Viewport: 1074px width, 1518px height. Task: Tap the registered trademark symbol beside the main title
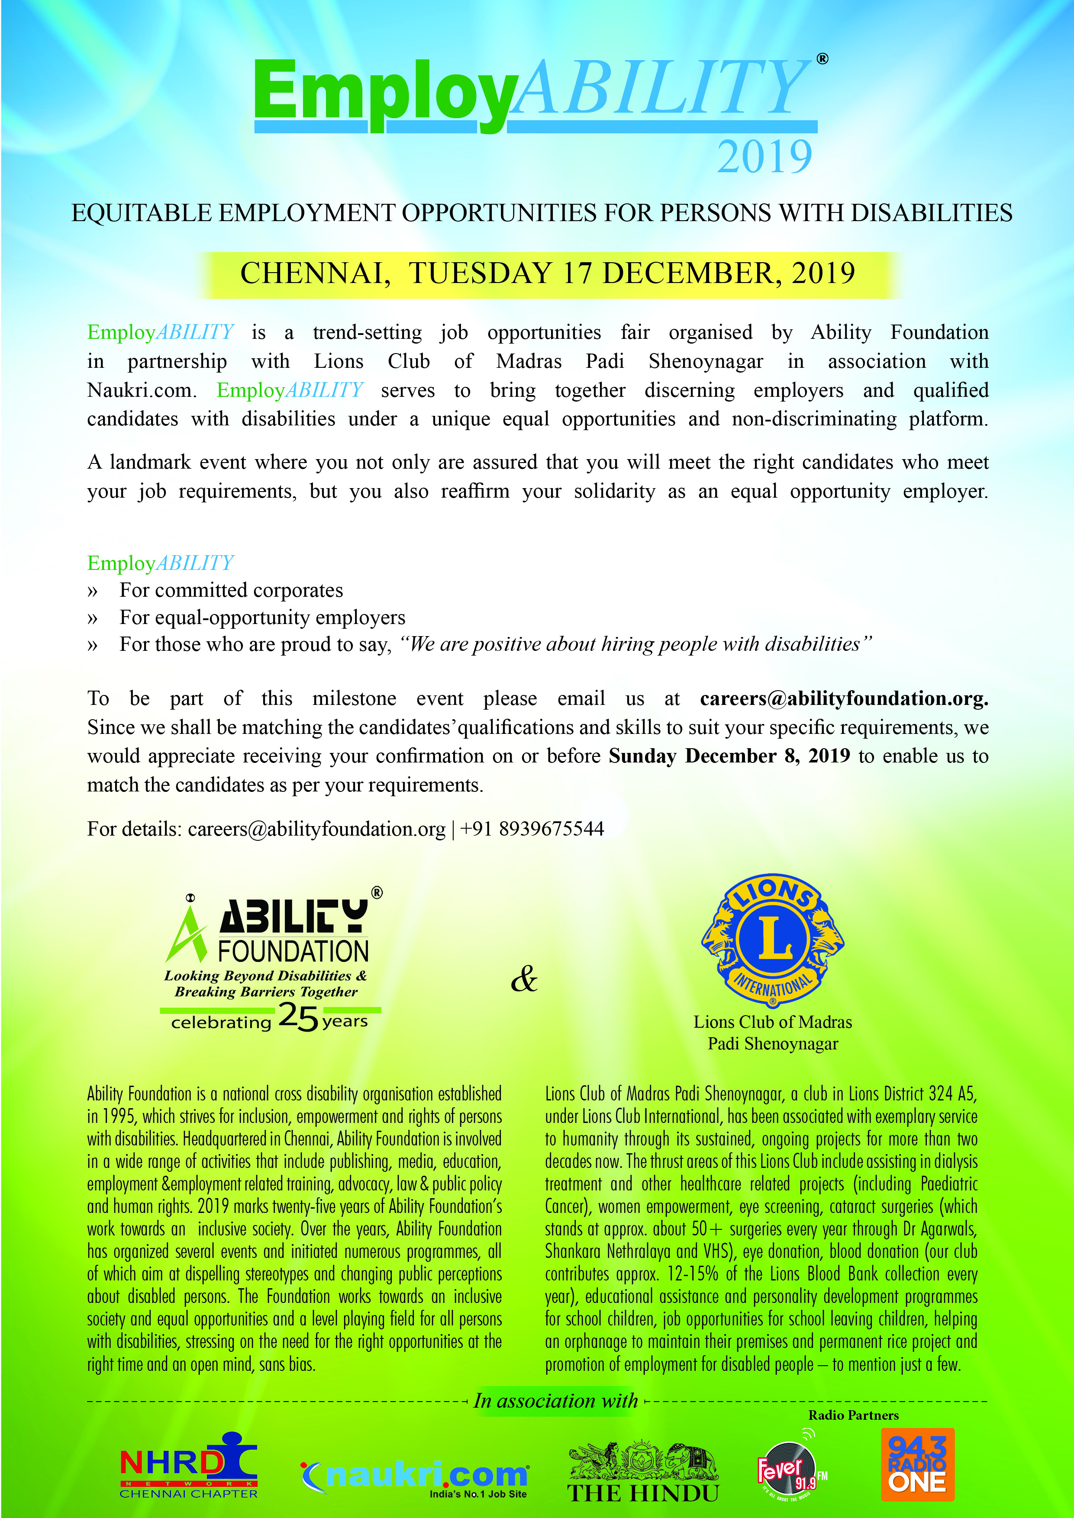822,59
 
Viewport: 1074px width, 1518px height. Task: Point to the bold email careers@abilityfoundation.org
844,699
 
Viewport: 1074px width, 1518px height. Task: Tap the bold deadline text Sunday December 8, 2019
729,756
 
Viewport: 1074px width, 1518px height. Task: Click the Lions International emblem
772,939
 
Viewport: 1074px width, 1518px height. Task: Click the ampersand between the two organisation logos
524,979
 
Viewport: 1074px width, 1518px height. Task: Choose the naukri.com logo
415,1476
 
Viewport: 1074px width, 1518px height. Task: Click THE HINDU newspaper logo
643,1472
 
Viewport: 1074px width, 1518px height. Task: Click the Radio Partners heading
853,1415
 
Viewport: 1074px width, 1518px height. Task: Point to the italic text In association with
555,1401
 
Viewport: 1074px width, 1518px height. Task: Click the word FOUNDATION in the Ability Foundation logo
293,952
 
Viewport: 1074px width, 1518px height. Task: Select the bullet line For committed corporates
231,590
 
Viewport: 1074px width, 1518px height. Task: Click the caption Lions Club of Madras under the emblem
772,1022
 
